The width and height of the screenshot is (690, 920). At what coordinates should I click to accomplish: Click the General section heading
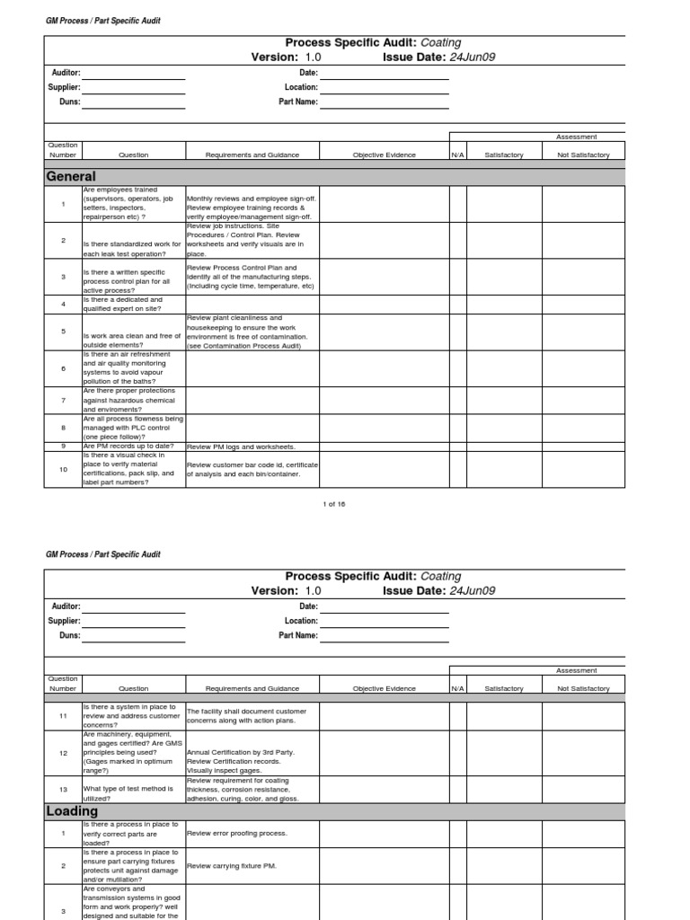[71, 176]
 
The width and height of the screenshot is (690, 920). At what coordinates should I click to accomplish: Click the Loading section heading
[72, 811]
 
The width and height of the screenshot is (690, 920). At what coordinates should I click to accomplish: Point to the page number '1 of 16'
[334, 504]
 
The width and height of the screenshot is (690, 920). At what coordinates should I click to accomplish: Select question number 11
[63, 715]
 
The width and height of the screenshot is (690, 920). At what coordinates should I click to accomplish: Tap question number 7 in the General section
[63, 400]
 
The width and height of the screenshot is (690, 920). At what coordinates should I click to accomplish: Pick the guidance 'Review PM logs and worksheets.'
[241, 446]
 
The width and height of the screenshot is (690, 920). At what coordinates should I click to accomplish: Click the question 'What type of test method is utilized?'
[128, 793]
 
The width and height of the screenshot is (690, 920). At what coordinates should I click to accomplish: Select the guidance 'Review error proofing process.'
[236, 833]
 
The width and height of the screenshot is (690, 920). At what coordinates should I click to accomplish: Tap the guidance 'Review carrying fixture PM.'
[232, 865]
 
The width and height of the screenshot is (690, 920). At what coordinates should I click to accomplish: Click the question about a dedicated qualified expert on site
[123, 305]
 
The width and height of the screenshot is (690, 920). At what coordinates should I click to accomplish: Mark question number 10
[63, 468]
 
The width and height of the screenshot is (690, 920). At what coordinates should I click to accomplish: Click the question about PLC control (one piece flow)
[133, 427]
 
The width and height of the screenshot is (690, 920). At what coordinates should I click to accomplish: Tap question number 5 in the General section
[63, 332]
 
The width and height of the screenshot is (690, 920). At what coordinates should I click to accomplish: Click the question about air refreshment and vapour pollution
[129, 368]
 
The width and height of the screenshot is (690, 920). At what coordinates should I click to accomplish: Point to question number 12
[63, 753]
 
